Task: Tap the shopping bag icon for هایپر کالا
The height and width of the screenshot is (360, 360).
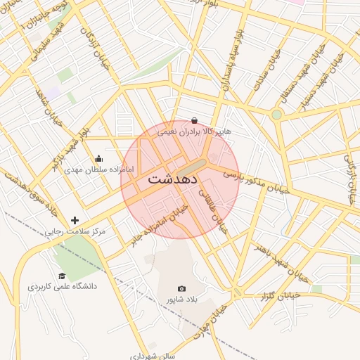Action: (x=194, y=120)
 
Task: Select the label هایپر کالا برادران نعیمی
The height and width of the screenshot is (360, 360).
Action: (x=194, y=131)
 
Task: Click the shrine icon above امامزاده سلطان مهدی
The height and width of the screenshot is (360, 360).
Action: (x=98, y=158)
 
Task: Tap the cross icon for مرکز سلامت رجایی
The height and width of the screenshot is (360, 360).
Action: (x=75, y=220)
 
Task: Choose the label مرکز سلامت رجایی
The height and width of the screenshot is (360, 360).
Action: (x=75, y=231)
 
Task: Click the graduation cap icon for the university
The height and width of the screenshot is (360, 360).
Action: (x=62, y=276)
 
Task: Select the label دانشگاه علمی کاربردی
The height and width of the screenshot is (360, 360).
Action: (x=62, y=287)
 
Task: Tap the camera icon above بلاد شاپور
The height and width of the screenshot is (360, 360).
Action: (x=182, y=288)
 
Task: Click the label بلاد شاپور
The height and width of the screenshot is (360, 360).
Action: (x=182, y=300)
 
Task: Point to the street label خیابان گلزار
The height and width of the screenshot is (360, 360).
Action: (x=281, y=296)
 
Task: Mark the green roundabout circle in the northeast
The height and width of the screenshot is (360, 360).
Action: (x=276, y=115)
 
